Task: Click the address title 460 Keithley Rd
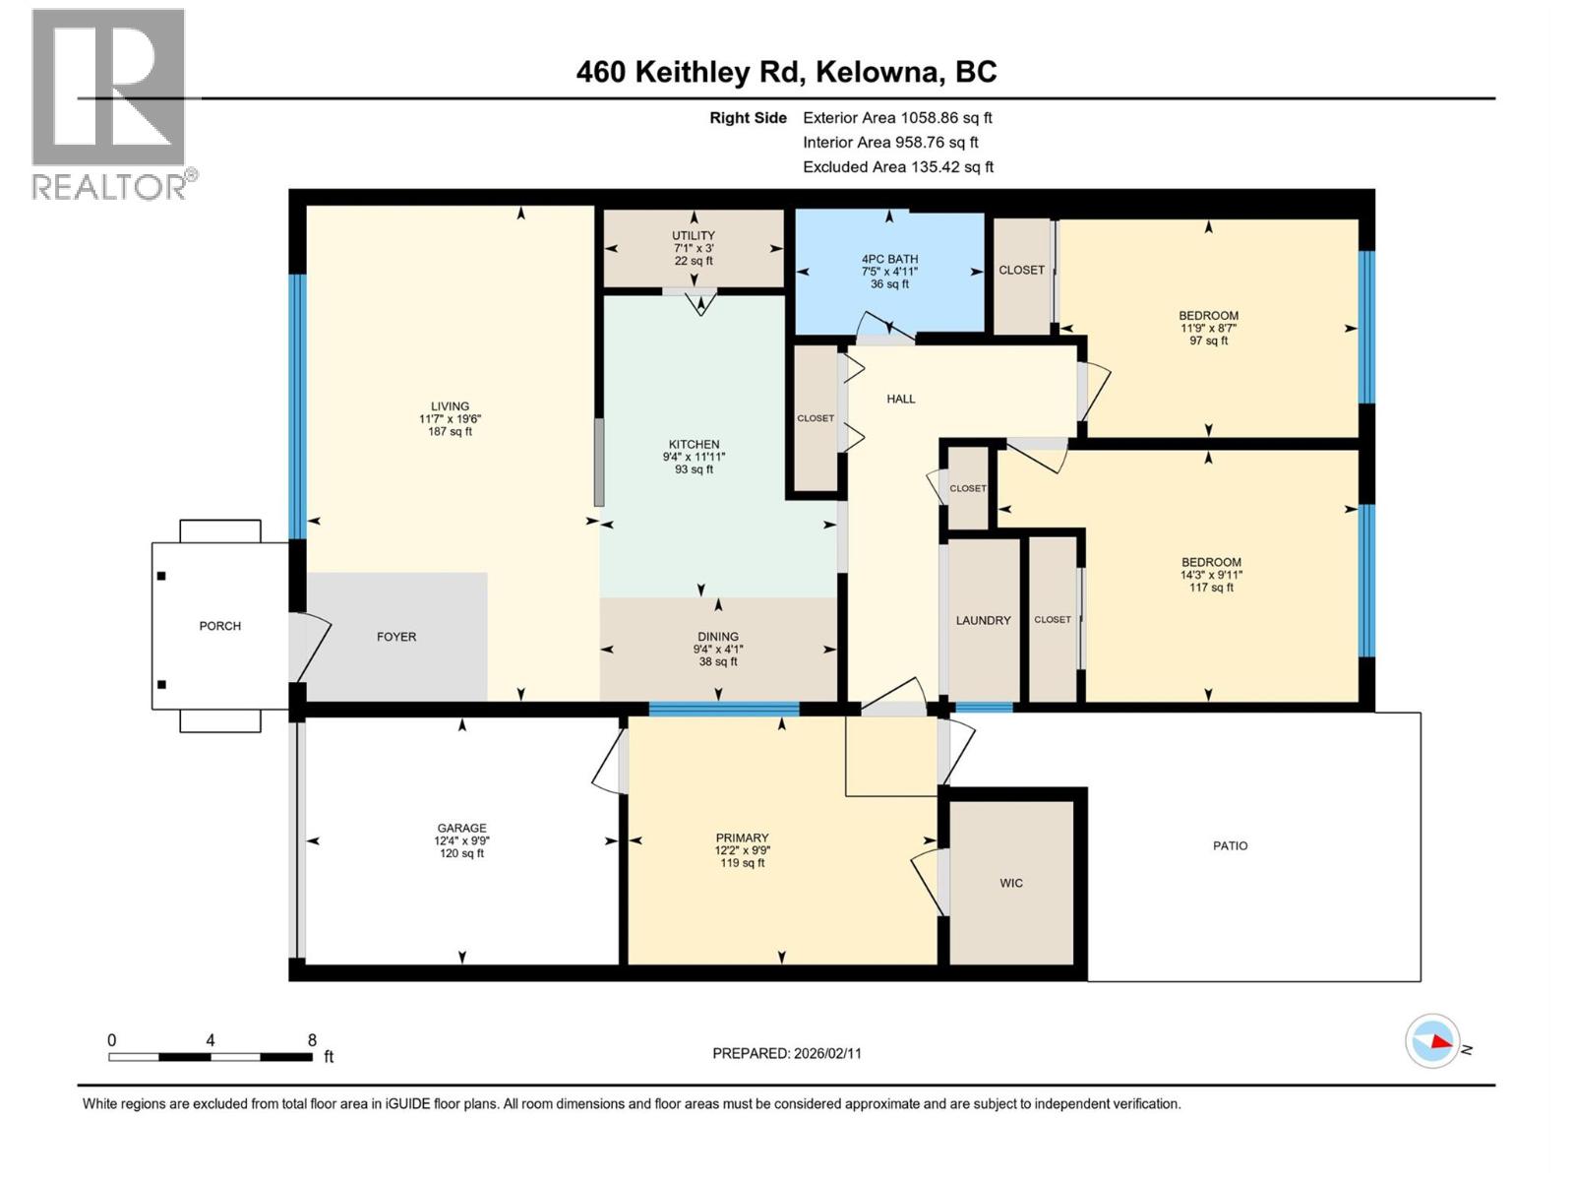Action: pos(786,72)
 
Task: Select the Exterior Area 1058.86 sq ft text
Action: pos(897,117)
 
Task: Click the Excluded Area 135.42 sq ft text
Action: pos(897,166)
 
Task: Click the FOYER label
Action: pos(396,637)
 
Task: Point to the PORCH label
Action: pos(219,626)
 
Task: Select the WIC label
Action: pos(1011,883)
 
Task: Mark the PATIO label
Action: pos(1230,845)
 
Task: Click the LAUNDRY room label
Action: pos(983,620)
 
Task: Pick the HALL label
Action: pos(900,399)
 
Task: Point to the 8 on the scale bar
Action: pos(312,1040)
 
